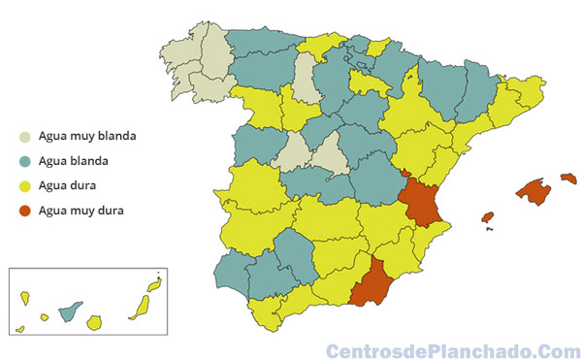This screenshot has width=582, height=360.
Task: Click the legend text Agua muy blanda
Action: [x=85, y=137]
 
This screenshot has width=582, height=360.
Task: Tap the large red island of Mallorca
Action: [x=533, y=190]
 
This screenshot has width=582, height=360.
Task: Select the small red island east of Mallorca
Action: [x=568, y=179]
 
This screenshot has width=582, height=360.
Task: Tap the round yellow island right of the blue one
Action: [x=94, y=322]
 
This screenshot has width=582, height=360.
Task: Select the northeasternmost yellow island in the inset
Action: [x=152, y=288]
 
